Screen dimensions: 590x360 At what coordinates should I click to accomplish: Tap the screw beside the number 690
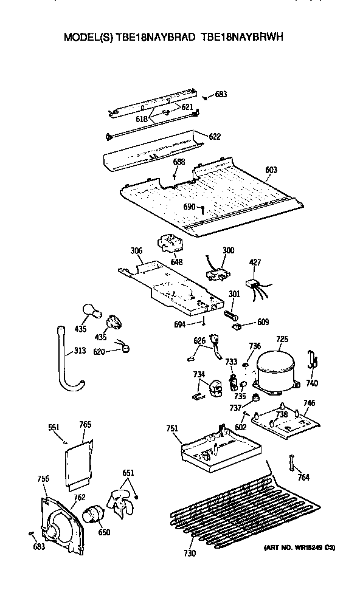[201, 208]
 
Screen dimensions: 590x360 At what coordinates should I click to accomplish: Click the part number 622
[213, 137]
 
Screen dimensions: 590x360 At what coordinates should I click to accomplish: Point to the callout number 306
[137, 250]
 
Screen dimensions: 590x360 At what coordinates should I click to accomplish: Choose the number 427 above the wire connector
[255, 262]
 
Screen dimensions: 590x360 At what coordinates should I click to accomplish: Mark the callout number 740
[312, 383]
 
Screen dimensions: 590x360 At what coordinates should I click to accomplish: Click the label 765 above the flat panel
[85, 424]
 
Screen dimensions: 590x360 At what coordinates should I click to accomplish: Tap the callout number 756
[43, 479]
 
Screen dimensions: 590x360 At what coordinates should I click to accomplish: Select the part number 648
[176, 261]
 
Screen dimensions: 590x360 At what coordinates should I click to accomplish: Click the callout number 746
[308, 403]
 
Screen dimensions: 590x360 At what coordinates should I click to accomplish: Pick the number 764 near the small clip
[303, 477]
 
